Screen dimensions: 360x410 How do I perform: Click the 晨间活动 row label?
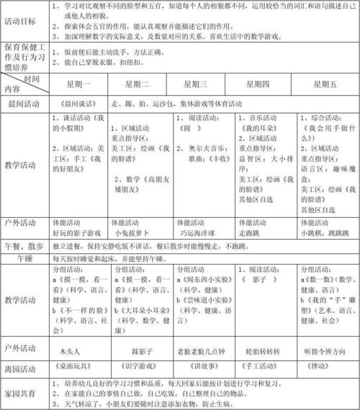(x=25, y=104)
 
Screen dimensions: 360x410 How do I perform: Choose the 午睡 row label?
(x=25, y=256)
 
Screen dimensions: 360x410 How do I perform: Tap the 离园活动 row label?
(x=25, y=365)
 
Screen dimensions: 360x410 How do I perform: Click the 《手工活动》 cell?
(x=264, y=365)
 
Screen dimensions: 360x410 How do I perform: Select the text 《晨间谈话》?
(x=73, y=104)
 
